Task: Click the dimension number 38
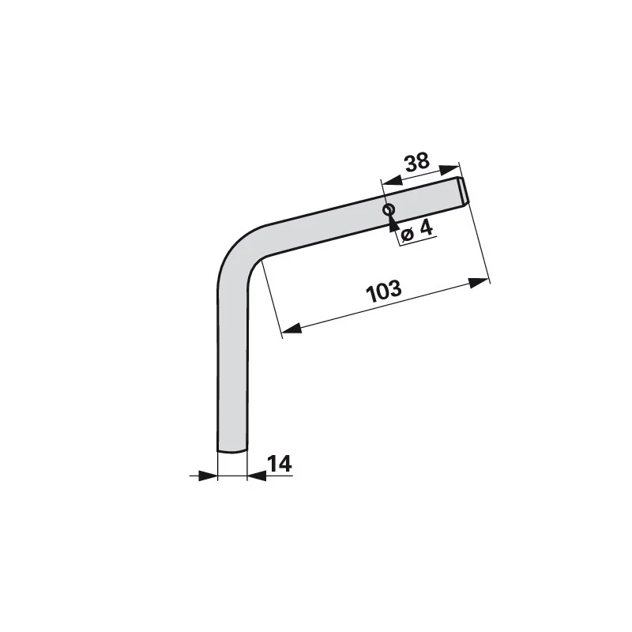coord(418,162)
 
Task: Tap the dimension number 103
coord(384,291)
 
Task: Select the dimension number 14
coord(280,464)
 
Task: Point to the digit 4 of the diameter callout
coord(426,228)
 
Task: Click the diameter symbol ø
coord(408,234)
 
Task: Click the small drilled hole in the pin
coord(389,209)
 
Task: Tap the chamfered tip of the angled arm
coord(463,192)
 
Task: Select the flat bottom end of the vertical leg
coord(232,450)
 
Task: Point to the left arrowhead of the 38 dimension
coord(392,181)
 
